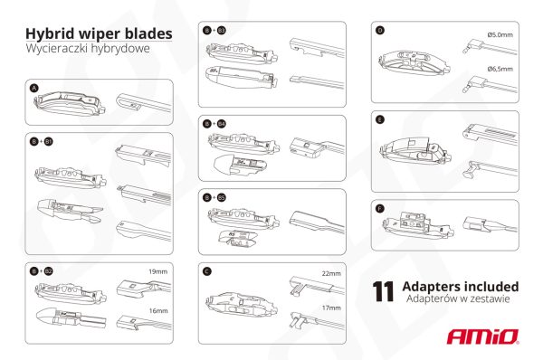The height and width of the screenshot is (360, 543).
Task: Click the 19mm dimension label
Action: pos(157,270)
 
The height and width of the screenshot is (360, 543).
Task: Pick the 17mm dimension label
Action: pos(330,308)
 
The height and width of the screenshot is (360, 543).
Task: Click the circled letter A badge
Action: pos(34,89)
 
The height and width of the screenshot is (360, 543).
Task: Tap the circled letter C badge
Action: pos(208,270)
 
